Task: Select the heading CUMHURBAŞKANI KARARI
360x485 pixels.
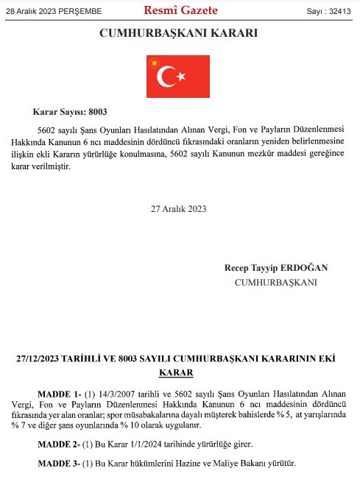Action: pyautogui.click(x=180, y=33)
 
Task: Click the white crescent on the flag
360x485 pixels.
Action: pyautogui.click(x=167, y=76)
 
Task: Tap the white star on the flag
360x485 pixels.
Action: pyautogui.click(x=181, y=77)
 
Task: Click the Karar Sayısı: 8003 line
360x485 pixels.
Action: pyautogui.click(x=71, y=113)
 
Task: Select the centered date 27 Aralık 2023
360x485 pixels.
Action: pyautogui.click(x=180, y=208)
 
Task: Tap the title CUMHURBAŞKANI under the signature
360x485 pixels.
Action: pyautogui.click(x=276, y=283)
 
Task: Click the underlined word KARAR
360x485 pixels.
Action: pyautogui.click(x=180, y=373)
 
